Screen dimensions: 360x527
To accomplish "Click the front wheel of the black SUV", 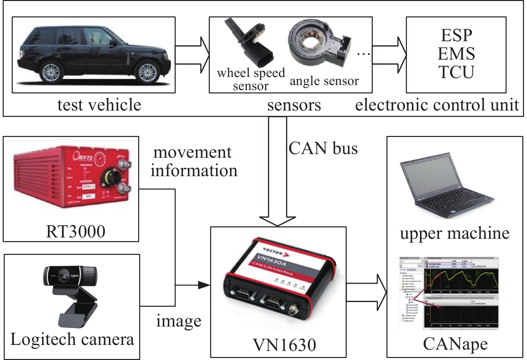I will pyautogui.click(x=147, y=72).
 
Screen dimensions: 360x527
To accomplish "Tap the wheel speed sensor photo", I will pyautogui.click(x=249, y=44).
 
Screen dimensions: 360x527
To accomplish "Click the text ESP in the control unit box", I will pyautogui.click(x=456, y=35).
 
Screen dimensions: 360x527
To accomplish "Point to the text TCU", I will pyautogui.click(x=456, y=72).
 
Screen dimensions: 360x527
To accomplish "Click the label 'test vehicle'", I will pyautogui.click(x=99, y=105).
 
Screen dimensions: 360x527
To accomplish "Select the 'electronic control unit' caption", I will pyautogui.click(x=437, y=105).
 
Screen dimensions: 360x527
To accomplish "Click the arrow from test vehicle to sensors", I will pyautogui.click(x=192, y=55).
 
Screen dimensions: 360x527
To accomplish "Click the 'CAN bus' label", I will pyautogui.click(x=323, y=148).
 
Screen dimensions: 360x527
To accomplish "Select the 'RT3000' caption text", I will pyautogui.click(x=76, y=231).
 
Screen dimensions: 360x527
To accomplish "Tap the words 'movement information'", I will pyautogui.click(x=194, y=161).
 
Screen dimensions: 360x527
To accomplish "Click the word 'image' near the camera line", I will pyautogui.click(x=179, y=321).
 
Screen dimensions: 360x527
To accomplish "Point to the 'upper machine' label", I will pyautogui.click(x=455, y=233).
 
